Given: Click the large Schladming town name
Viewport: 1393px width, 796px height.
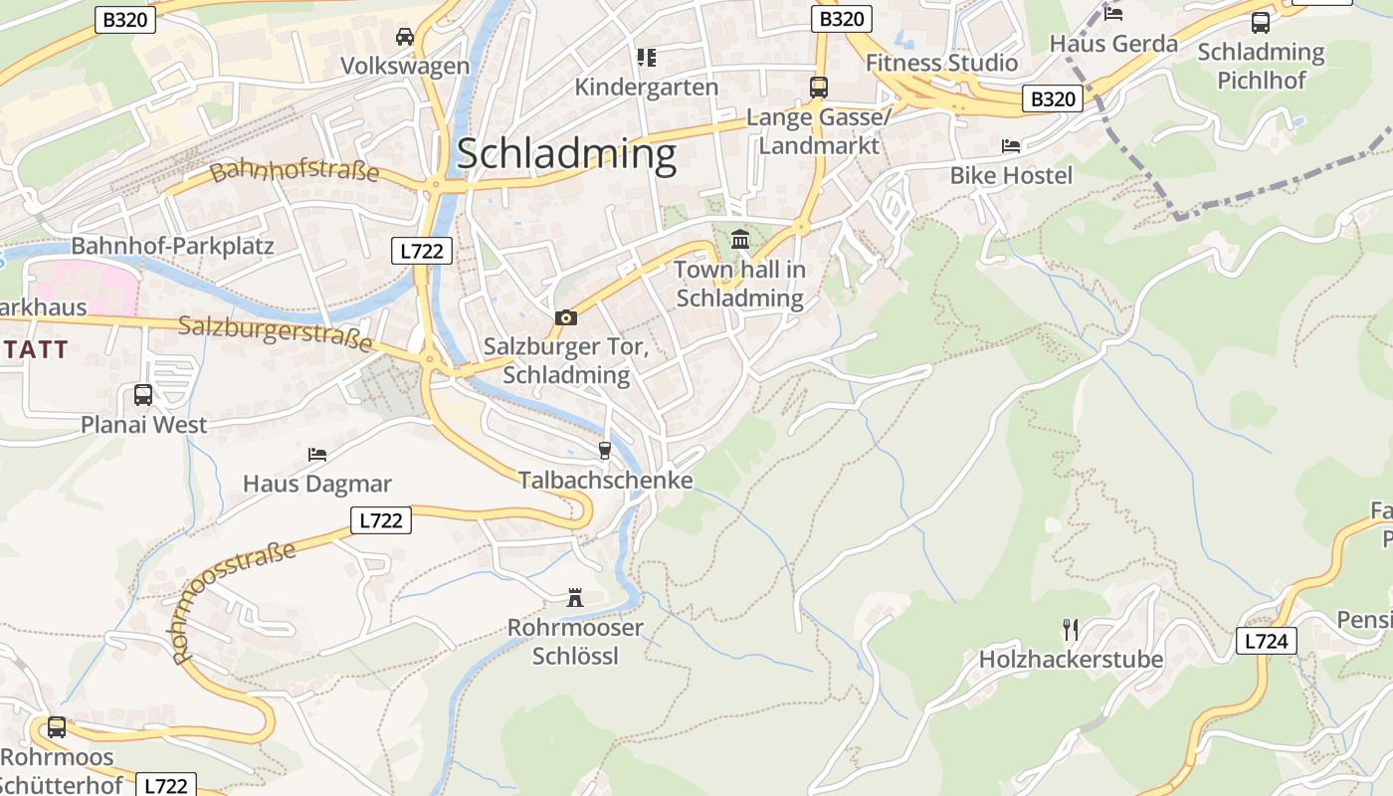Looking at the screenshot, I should [x=566, y=154].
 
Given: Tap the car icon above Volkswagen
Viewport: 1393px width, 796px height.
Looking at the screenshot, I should [x=405, y=37].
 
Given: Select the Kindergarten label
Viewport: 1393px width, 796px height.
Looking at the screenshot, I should [x=646, y=87].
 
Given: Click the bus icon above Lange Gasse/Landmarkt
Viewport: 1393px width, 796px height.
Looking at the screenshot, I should [x=818, y=88].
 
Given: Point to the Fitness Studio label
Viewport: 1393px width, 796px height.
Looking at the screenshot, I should [x=941, y=63].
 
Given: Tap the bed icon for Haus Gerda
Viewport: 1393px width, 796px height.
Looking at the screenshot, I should [x=1113, y=14].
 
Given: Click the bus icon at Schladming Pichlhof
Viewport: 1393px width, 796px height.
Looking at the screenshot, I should [x=1261, y=22].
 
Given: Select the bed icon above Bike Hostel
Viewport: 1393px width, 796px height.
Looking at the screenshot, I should [x=1011, y=146].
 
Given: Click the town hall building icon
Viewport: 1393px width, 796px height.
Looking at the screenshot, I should [x=740, y=240].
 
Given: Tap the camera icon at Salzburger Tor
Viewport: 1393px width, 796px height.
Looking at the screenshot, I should [x=566, y=317].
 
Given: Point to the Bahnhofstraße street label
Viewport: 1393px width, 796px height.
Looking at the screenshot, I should [x=296, y=170].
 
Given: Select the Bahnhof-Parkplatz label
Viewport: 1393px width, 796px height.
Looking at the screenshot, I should [x=172, y=246].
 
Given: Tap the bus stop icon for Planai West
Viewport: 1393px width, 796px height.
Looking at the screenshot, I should [x=143, y=395].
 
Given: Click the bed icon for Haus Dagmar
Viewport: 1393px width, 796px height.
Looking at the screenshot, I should [x=317, y=455].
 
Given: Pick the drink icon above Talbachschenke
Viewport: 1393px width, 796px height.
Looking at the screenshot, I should [x=604, y=451].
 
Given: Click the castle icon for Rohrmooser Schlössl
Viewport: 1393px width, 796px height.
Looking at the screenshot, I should [x=575, y=598].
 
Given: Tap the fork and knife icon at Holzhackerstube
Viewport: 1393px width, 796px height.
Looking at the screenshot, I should [x=1071, y=630].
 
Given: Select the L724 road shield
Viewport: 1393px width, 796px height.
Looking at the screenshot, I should [x=1267, y=641].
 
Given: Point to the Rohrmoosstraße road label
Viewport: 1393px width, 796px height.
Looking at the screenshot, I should [x=235, y=603].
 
